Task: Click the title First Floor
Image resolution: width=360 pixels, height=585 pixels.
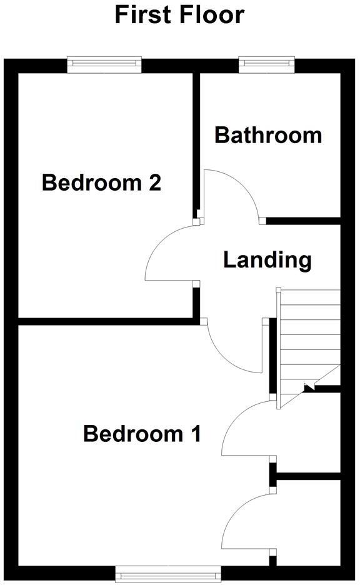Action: (x=179, y=15)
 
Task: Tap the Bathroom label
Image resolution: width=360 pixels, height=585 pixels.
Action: (x=268, y=135)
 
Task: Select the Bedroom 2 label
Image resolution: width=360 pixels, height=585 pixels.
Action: (x=101, y=183)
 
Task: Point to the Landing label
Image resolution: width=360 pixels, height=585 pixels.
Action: (x=267, y=259)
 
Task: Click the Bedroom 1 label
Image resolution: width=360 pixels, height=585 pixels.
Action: (x=142, y=433)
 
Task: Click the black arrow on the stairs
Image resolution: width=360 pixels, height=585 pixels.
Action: (x=307, y=387)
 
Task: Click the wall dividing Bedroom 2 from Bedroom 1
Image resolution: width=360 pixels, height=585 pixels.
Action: (x=106, y=321)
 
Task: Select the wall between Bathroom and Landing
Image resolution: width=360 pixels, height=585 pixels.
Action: (x=303, y=220)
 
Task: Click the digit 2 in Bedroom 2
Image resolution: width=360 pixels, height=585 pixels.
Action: (x=155, y=183)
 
